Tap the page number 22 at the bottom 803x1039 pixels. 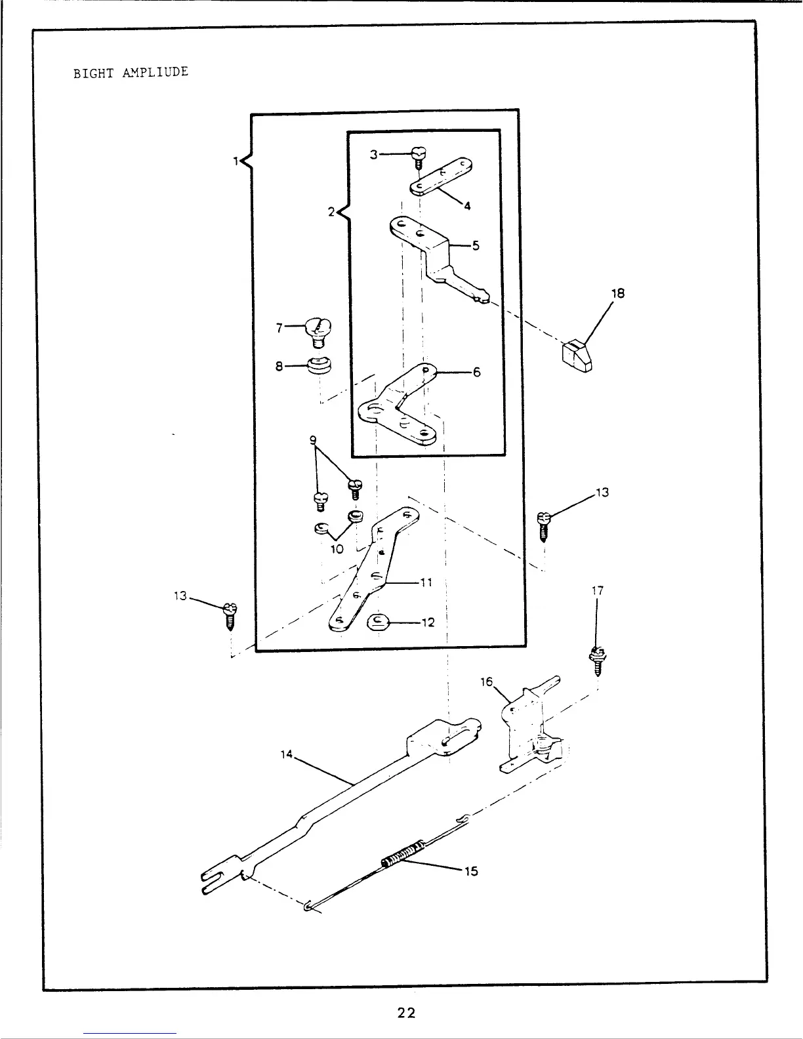point(407,1013)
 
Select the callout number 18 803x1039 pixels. point(618,293)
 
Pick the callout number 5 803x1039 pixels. point(476,246)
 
